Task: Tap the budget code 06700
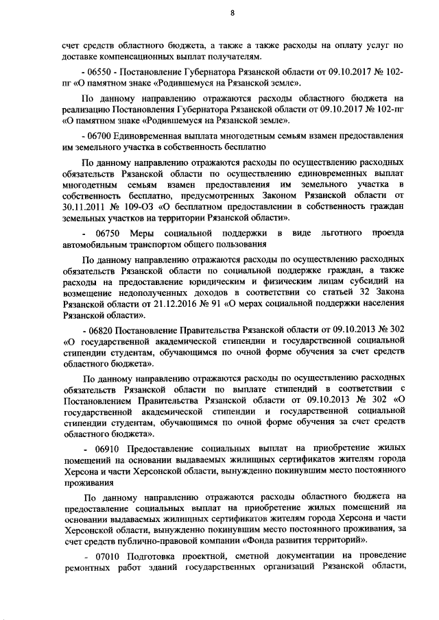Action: (97, 136)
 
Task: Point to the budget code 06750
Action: (104, 234)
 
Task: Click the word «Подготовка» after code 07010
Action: (150, 558)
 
